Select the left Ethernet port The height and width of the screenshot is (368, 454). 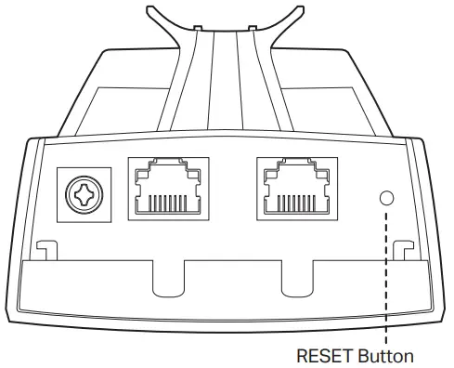tap(168, 187)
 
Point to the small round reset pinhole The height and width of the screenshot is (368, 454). tap(386, 197)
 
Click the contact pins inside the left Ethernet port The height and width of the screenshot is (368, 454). tap(168, 204)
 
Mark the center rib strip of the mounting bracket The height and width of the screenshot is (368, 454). tap(227, 84)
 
